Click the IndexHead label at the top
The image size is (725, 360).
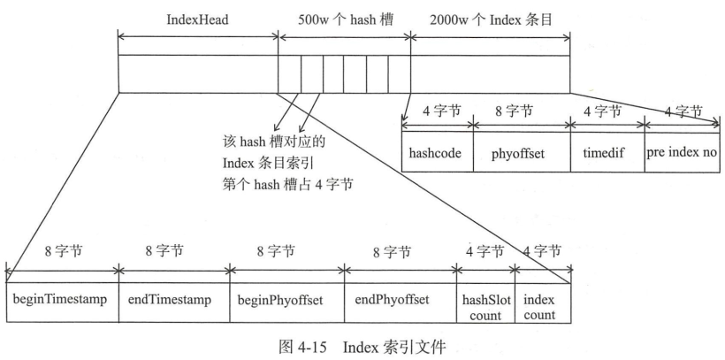coord(196,19)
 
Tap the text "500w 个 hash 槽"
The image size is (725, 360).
coord(345,19)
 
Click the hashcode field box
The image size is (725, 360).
coord(437,152)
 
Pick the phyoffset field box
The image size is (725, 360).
coord(522,152)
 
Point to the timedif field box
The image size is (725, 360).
coord(607,152)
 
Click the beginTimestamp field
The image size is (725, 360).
coord(59,299)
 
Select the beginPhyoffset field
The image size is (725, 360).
coord(285,299)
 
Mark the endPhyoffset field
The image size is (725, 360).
coord(399,299)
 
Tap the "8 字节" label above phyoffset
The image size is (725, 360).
coord(522,112)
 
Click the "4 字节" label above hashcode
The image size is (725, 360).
coord(437,112)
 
